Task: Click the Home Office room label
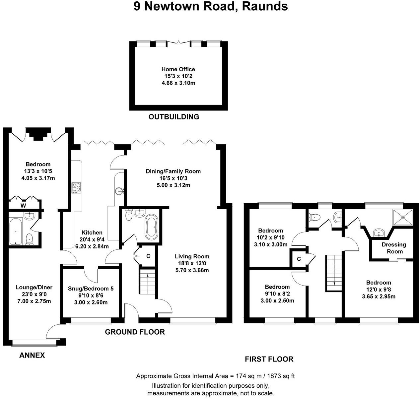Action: pyautogui.click(x=178, y=69)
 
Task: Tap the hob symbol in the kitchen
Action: pyautogui.click(x=76, y=188)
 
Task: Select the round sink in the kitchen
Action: pyautogui.click(x=119, y=191)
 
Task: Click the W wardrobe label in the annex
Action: pyautogui.click(x=23, y=206)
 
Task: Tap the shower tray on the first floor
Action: pyautogui.click(x=403, y=217)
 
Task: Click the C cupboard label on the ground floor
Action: pyautogui.click(x=148, y=256)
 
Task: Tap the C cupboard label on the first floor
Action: pyautogui.click(x=299, y=259)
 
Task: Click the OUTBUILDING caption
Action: pyautogui.click(x=174, y=117)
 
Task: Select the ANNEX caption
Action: pyautogui.click(x=32, y=356)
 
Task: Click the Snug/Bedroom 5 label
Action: pyautogui.click(x=91, y=289)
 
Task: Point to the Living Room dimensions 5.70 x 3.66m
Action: pyautogui.click(x=192, y=270)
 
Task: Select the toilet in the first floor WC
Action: pyautogui.click(x=314, y=218)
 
